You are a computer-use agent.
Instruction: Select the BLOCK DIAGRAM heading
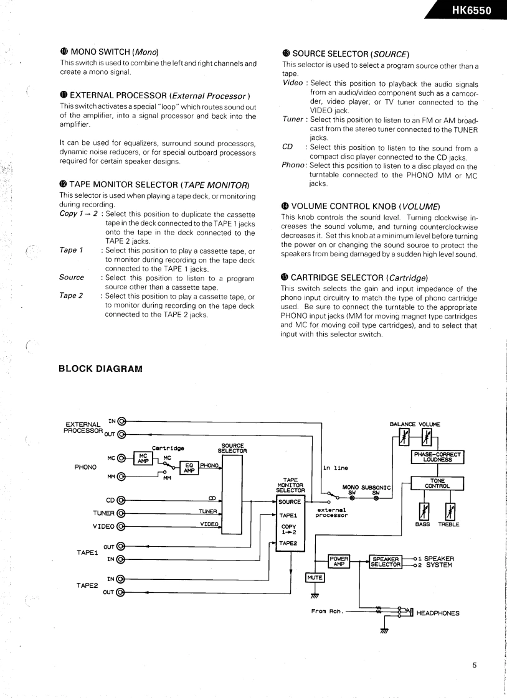[100, 368]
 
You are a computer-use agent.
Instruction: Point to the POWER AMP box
[339, 561]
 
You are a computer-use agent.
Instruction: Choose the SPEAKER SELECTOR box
[385, 561]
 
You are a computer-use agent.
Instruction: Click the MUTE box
[315, 578]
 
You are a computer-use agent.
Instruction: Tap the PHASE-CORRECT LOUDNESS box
[438, 457]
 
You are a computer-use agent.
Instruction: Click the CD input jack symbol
[121, 499]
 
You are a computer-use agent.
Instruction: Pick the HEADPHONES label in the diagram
[437, 613]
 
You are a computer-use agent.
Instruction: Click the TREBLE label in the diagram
[448, 524]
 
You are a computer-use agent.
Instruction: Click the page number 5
[474, 664]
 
